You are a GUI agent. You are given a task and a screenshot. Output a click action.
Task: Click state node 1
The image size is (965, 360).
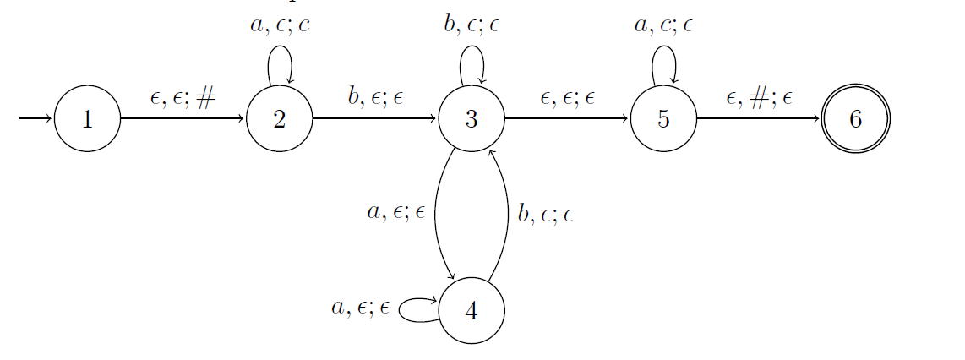[87, 119]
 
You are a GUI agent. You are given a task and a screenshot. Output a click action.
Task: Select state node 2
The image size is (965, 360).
[280, 119]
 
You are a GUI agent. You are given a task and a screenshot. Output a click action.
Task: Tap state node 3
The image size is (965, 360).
[472, 119]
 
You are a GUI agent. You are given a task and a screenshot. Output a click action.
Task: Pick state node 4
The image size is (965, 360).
[472, 311]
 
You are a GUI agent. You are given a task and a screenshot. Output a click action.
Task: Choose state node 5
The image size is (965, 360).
[663, 119]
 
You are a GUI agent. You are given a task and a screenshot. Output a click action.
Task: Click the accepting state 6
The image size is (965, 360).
[855, 119]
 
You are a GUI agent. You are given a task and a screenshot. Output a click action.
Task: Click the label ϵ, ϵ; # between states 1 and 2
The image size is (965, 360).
[183, 97]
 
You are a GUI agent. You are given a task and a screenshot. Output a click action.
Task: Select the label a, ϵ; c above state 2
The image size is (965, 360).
[280, 25]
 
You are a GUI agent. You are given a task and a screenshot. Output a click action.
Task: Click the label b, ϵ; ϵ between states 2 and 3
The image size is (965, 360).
[375, 97]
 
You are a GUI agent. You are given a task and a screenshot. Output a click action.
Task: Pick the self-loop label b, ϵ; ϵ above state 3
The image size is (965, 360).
[472, 25]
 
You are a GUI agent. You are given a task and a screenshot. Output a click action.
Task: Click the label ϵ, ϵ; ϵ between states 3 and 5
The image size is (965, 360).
[567, 97]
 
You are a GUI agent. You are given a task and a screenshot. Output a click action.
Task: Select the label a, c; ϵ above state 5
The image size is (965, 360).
[663, 25]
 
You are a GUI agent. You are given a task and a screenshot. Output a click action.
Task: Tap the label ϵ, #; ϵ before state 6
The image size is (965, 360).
[759, 97]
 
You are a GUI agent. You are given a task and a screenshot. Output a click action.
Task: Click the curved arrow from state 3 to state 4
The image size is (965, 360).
[435, 215]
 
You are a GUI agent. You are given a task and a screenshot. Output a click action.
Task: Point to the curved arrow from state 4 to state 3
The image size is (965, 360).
[507, 215]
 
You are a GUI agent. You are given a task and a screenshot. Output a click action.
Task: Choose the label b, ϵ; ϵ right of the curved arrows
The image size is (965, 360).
[545, 215]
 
